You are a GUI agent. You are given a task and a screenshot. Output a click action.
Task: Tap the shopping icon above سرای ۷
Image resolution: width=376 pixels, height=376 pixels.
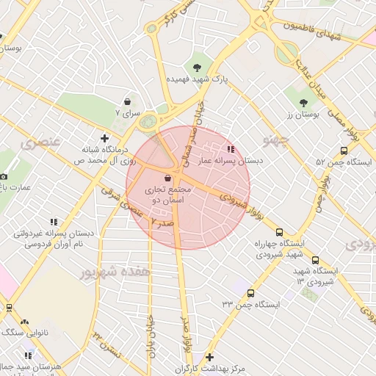[x=129, y=101]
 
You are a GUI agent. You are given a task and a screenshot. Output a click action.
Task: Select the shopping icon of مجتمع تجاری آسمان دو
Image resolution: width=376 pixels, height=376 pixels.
[x=168, y=178]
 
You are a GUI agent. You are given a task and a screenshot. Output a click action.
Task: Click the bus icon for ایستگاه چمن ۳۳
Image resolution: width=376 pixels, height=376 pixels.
[x=250, y=293]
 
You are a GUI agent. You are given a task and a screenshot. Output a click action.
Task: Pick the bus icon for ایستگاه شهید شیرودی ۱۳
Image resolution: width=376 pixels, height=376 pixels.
[x=316, y=260]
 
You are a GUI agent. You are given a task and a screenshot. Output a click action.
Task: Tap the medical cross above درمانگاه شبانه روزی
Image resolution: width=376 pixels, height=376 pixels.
[x=104, y=137]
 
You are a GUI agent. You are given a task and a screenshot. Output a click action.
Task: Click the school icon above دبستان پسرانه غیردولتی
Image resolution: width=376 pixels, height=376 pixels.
[x=53, y=221]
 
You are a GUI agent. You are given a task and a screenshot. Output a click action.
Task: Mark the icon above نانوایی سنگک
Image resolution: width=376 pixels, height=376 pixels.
[x=25, y=321]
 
